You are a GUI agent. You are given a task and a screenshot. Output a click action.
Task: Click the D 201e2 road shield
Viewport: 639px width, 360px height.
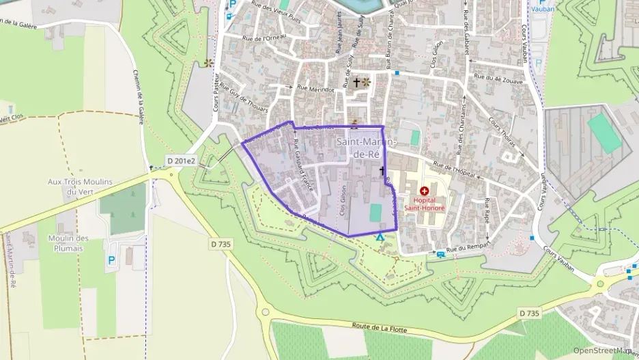[x=180, y=161]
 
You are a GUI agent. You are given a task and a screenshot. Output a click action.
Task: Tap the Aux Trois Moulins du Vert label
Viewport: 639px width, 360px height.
[x=80, y=186]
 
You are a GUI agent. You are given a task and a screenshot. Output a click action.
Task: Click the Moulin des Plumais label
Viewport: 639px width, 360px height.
[x=69, y=243]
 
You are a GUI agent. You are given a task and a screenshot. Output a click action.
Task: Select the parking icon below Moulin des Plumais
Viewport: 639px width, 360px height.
[x=111, y=260]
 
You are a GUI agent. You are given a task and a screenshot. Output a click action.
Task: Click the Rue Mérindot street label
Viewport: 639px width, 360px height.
[x=315, y=89]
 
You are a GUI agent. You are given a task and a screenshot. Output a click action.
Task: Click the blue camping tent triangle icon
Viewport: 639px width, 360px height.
[x=380, y=237]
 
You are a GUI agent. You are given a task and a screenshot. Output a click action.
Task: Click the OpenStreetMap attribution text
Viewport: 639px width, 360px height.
[x=601, y=350]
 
